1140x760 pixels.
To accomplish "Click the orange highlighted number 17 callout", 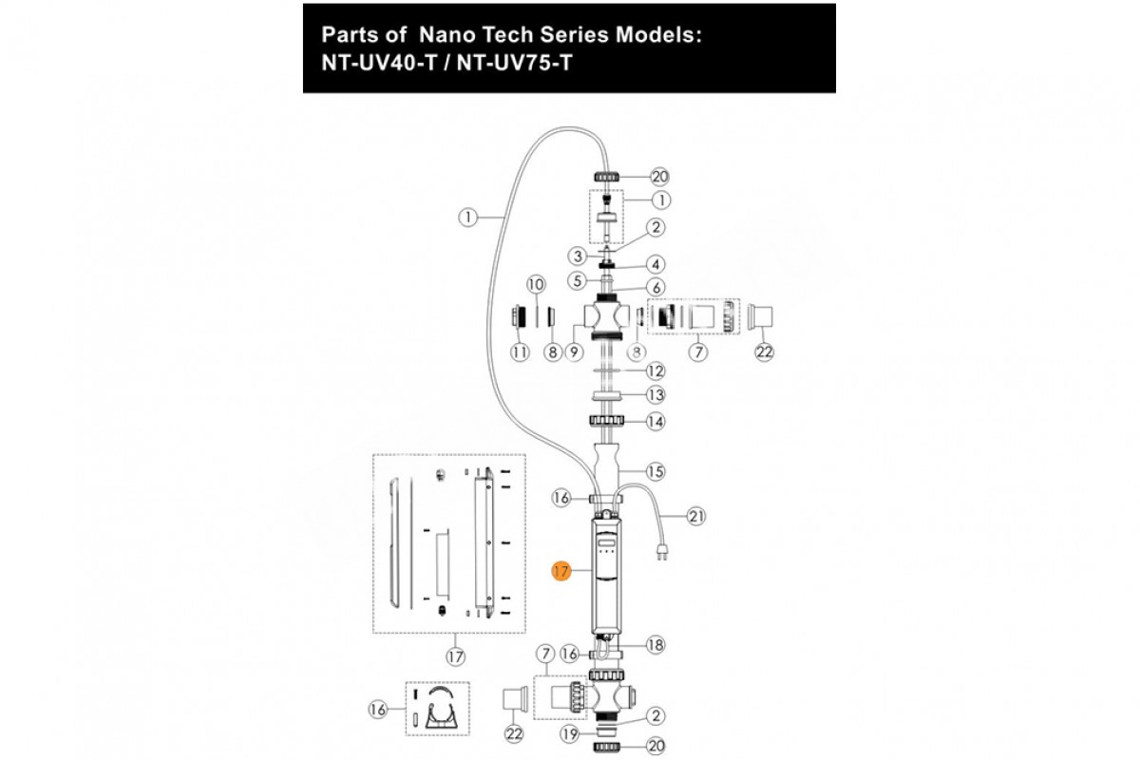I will click(x=561, y=571).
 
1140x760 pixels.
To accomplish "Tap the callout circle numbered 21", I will click(x=697, y=517).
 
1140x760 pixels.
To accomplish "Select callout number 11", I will click(x=520, y=352).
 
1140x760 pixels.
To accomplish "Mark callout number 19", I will click(x=569, y=733).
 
